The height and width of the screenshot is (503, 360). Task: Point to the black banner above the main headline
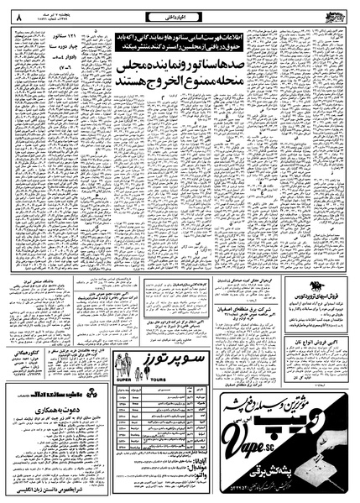point(199,36)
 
